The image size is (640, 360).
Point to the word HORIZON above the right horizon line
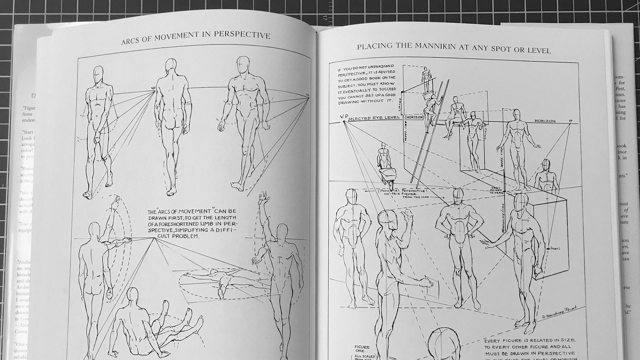click(545, 121)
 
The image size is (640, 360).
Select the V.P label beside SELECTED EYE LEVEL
click(343, 117)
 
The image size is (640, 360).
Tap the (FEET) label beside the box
click(556, 248)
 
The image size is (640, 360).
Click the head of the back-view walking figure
click(170, 64)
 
